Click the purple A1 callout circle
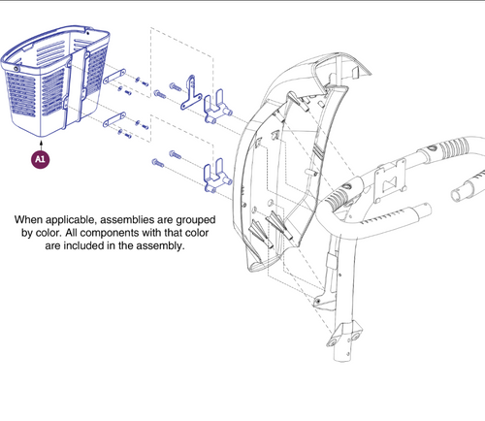click(x=41, y=159)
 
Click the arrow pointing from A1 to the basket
click(x=41, y=145)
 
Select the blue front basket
click(x=55, y=81)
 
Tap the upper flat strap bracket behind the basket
click(x=114, y=77)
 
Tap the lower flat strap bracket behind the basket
click(x=114, y=119)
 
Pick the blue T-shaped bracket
click(x=191, y=93)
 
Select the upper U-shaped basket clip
click(x=217, y=107)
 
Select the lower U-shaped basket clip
click(x=217, y=176)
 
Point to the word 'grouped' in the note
click(x=196, y=220)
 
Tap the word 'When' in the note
click(x=28, y=220)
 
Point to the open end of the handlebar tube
click(x=456, y=195)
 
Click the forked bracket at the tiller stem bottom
click(x=344, y=335)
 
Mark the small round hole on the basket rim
click(x=16, y=69)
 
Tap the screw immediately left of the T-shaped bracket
click(x=175, y=86)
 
